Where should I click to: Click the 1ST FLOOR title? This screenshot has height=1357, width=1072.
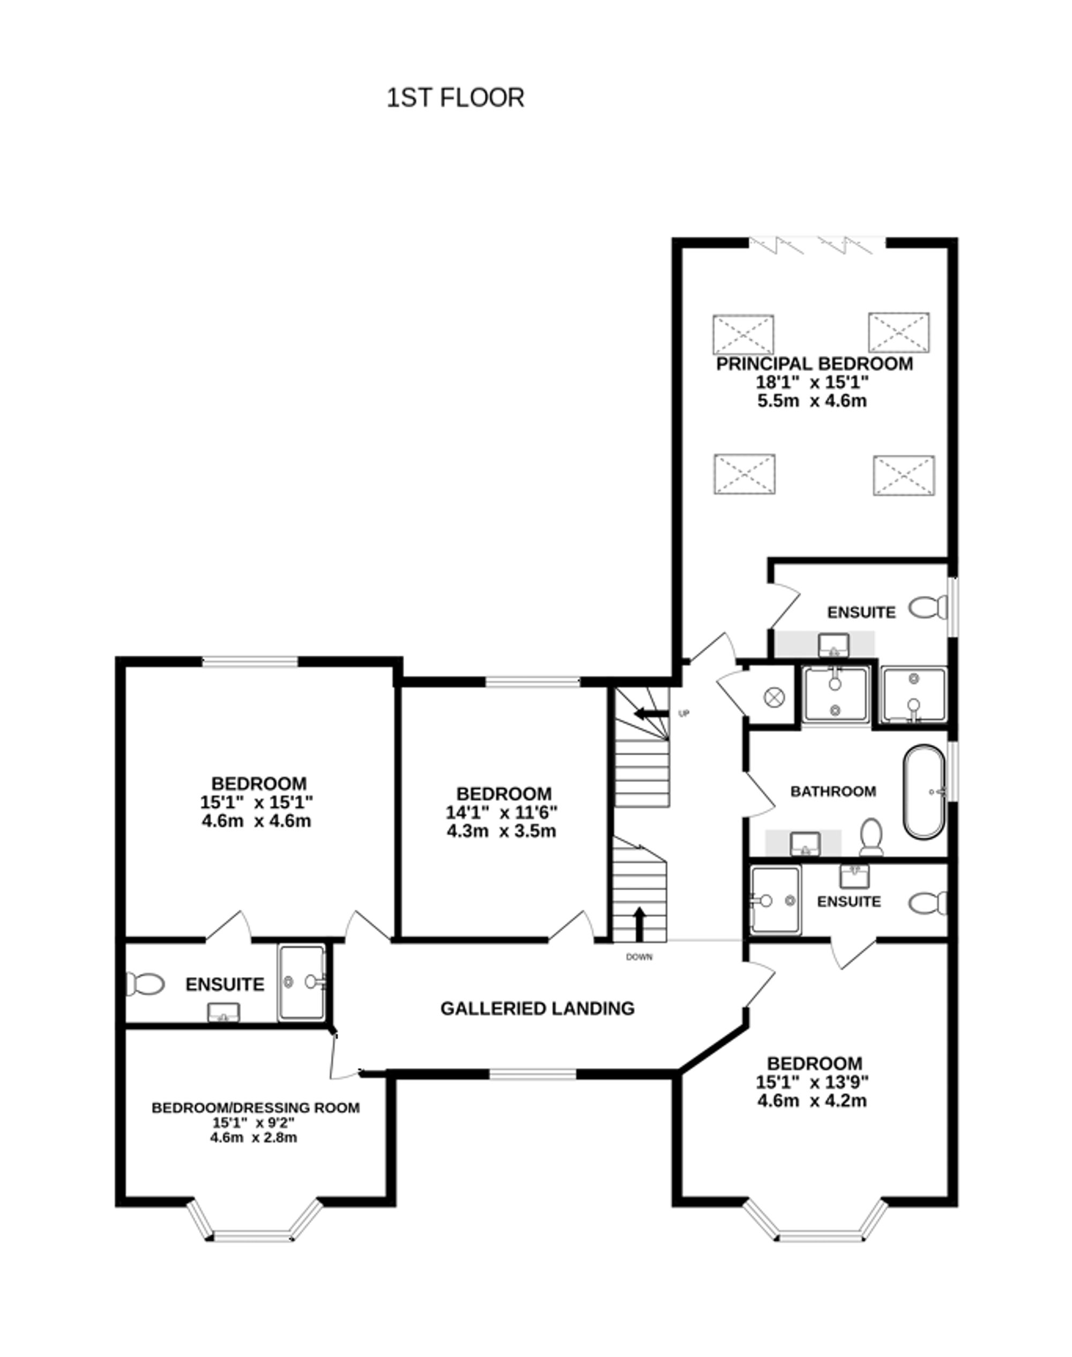tap(455, 99)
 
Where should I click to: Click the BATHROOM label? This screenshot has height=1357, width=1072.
tap(833, 791)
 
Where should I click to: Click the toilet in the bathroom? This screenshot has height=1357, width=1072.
tap(871, 836)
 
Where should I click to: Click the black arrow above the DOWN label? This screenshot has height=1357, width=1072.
tap(639, 924)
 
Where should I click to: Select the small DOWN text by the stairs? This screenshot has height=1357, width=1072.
tap(639, 957)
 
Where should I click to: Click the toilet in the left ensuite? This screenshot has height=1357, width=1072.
tap(145, 984)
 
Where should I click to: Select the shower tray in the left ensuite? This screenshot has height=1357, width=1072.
tap(302, 983)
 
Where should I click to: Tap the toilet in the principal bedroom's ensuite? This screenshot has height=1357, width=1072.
tap(928, 608)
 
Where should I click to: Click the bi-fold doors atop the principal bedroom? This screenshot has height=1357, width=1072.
tap(816, 245)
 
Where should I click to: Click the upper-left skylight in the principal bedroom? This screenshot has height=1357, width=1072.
tap(743, 335)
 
